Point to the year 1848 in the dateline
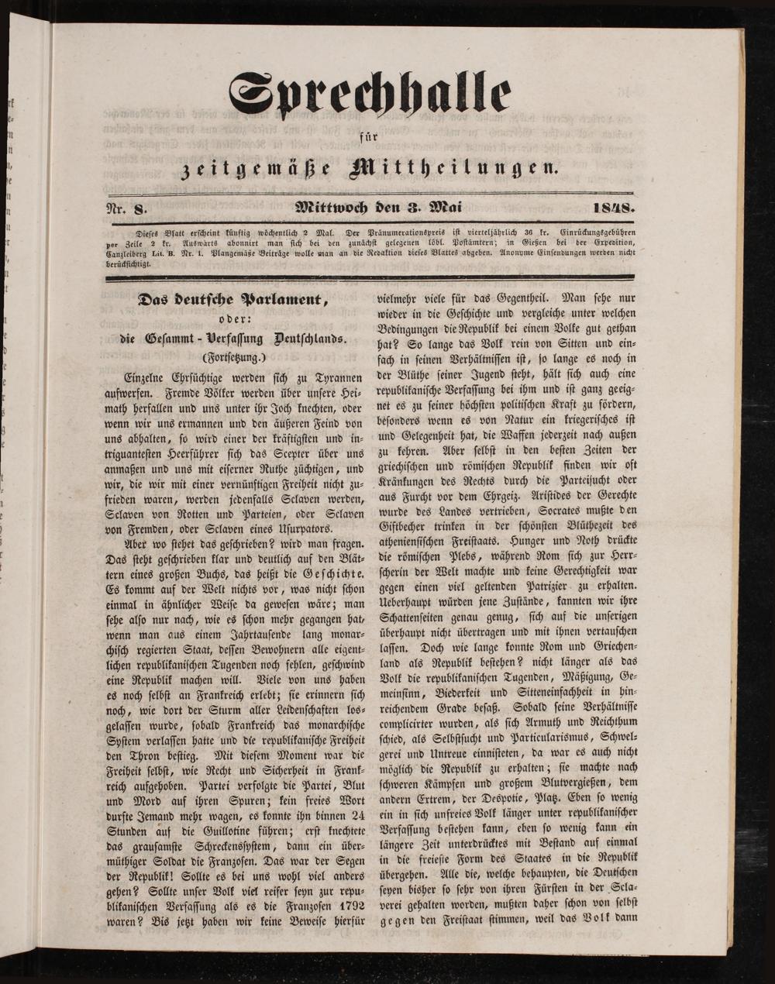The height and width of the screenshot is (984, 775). coord(613,208)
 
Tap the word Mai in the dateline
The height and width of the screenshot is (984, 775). coord(439,208)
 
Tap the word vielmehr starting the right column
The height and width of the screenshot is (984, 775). coord(401,298)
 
